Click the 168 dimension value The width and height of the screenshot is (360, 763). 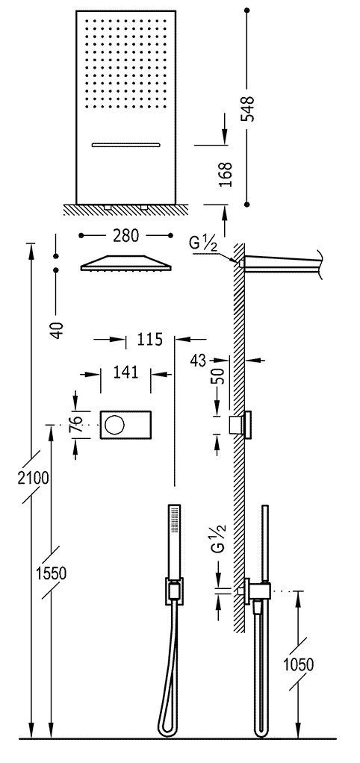click(227, 174)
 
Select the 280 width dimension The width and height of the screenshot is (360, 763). click(125, 236)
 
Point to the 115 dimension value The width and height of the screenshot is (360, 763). click(149, 340)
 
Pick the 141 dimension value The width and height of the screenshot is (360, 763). click(125, 372)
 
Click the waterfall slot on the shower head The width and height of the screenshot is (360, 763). click(126, 144)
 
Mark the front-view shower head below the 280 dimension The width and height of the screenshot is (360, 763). click(125, 264)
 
